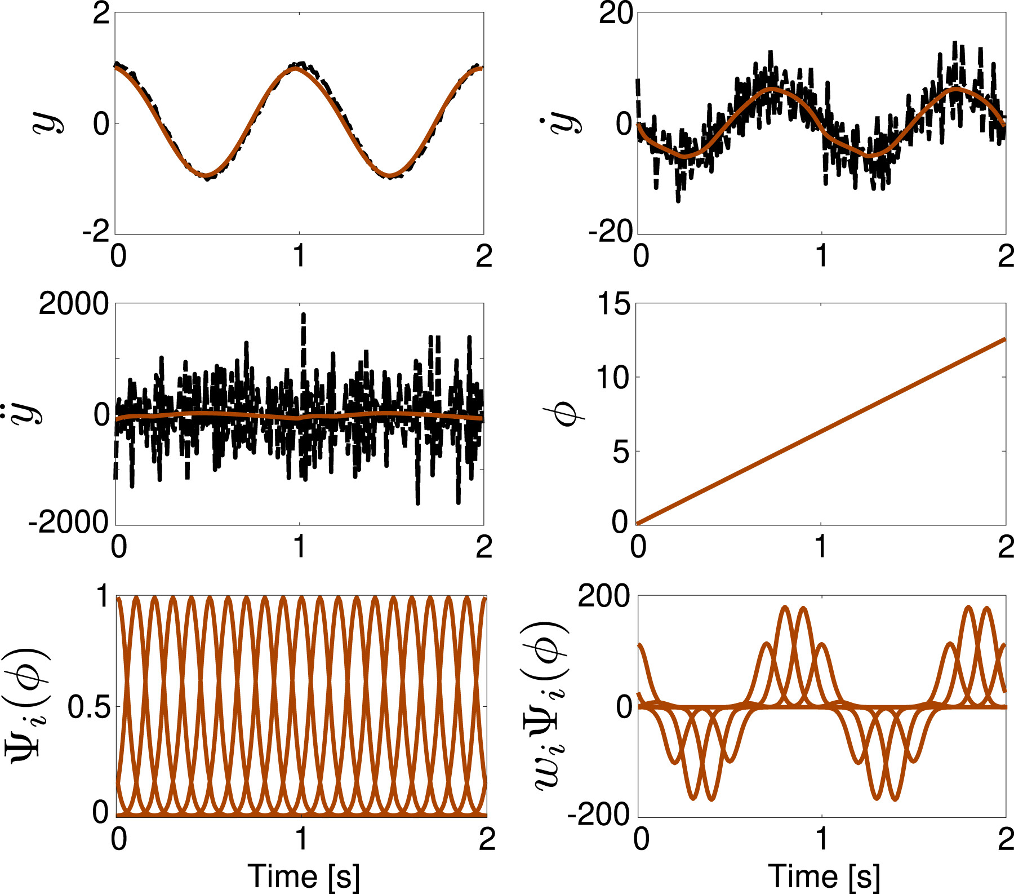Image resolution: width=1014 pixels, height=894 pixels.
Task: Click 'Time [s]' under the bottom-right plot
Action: tap(824, 877)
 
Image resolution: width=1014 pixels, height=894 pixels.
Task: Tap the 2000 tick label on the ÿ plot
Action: tap(73, 304)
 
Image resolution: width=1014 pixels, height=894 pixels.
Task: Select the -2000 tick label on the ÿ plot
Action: tap(69, 523)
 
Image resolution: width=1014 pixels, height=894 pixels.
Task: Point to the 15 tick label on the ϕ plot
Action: tap(613, 304)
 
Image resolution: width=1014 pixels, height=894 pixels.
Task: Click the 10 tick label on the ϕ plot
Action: tap(613, 377)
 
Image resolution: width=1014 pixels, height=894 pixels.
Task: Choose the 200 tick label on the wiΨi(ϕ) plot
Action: tap(604, 596)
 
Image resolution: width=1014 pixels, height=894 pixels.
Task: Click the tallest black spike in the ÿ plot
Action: tap(303, 316)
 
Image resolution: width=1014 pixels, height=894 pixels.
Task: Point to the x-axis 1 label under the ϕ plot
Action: tap(821, 547)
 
